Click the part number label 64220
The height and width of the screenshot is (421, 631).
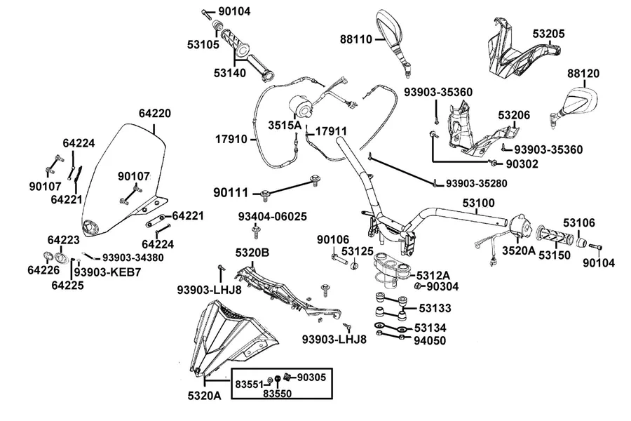tap(155, 114)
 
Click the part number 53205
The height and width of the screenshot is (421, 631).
tap(548, 34)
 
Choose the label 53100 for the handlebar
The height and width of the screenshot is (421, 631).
tap(478, 203)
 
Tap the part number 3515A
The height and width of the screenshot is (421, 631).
tap(285, 126)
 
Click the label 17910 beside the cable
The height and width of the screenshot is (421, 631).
tap(231, 140)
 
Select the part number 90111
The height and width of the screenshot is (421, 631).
tap(231, 193)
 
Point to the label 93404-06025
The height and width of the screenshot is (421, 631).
tap(273, 217)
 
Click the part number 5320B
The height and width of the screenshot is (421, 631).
tap(252, 253)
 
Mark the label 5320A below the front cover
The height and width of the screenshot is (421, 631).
tap(205, 396)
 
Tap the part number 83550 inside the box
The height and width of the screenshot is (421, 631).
tap(277, 394)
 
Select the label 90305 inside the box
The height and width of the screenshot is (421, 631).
tap(311, 377)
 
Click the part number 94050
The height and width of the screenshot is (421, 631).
tap(430, 341)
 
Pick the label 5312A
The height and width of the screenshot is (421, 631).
tap(433, 276)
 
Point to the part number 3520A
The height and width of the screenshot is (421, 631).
tap(519, 251)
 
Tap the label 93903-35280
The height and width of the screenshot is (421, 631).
tap(477, 184)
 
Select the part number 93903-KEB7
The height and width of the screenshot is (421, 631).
tap(107, 273)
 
